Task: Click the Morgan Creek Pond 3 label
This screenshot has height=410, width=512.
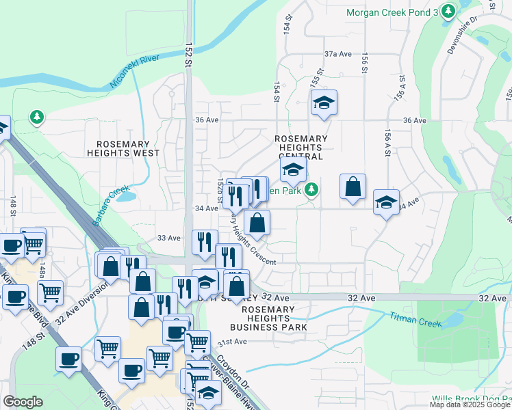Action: (x=392, y=12)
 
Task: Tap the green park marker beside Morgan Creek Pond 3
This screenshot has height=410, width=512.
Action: (x=448, y=11)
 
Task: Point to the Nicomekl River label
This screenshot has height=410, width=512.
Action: (x=135, y=72)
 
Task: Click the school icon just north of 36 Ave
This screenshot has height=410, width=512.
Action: (x=324, y=103)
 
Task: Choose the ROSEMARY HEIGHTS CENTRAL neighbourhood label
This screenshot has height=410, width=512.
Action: (x=300, y=148)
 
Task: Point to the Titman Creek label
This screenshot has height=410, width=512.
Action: (x=416, y=318)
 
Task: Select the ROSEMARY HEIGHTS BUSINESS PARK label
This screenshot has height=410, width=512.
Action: (x=272, y=318)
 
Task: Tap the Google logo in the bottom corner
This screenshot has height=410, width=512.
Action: (x=23, y=402)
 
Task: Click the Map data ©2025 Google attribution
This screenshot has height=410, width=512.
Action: (x=470, y=405)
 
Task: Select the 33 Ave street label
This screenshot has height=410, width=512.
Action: (x=168, y=238)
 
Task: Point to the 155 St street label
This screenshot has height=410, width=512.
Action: (x=316, y=77)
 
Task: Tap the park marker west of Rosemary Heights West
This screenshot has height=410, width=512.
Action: (x=36, y=118)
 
